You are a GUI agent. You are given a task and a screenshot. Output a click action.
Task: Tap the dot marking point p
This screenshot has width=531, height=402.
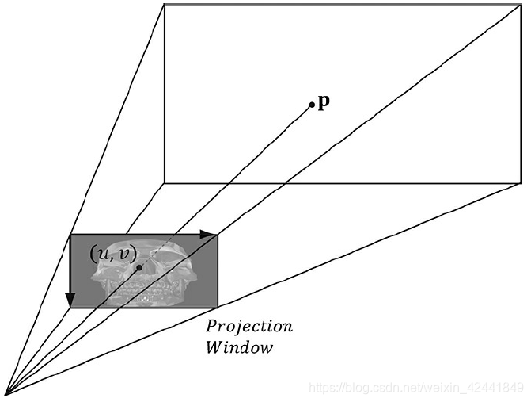312,104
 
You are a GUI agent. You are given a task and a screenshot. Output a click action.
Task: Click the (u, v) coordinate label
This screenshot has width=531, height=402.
112,253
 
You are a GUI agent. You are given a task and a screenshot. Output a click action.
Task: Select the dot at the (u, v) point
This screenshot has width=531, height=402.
139,267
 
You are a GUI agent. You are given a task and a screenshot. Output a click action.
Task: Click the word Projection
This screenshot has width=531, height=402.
249,327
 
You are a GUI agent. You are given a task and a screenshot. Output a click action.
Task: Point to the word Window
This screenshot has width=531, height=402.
239,347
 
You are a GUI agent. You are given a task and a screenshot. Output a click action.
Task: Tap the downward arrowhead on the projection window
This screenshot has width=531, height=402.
70,301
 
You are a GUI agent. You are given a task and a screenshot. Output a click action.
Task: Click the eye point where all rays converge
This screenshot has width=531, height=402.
6,392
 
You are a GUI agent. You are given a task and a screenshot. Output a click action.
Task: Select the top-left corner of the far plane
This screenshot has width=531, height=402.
164,4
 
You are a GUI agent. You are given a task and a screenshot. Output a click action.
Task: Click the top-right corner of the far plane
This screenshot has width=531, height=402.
521,4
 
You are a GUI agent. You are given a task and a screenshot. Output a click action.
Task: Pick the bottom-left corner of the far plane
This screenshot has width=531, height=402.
164,183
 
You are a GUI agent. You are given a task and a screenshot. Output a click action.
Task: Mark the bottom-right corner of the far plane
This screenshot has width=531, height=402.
521,183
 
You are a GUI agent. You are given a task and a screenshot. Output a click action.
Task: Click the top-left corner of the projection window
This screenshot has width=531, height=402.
70,235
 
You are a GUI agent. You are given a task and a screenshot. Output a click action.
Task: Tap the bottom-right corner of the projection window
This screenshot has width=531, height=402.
218,308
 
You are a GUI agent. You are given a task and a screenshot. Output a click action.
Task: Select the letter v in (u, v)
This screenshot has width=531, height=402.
124,254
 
